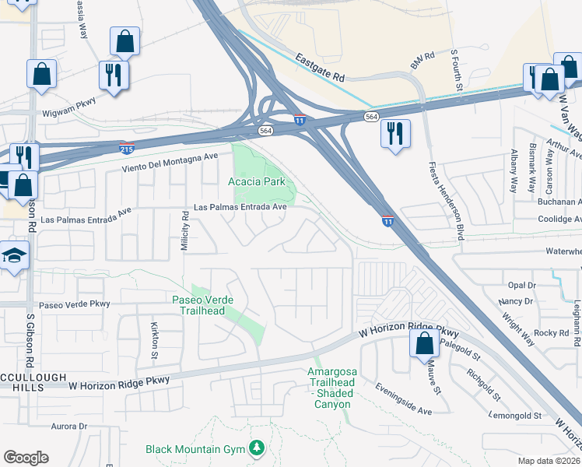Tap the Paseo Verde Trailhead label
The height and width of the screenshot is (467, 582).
tap(198, 305)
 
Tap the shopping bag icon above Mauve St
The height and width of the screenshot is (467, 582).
tap(424, 342)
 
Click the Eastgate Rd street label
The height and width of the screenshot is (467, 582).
tap(319, 68)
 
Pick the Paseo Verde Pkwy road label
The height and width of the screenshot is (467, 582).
tap(75, 304)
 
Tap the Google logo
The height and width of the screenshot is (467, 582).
tap(26, 458)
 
